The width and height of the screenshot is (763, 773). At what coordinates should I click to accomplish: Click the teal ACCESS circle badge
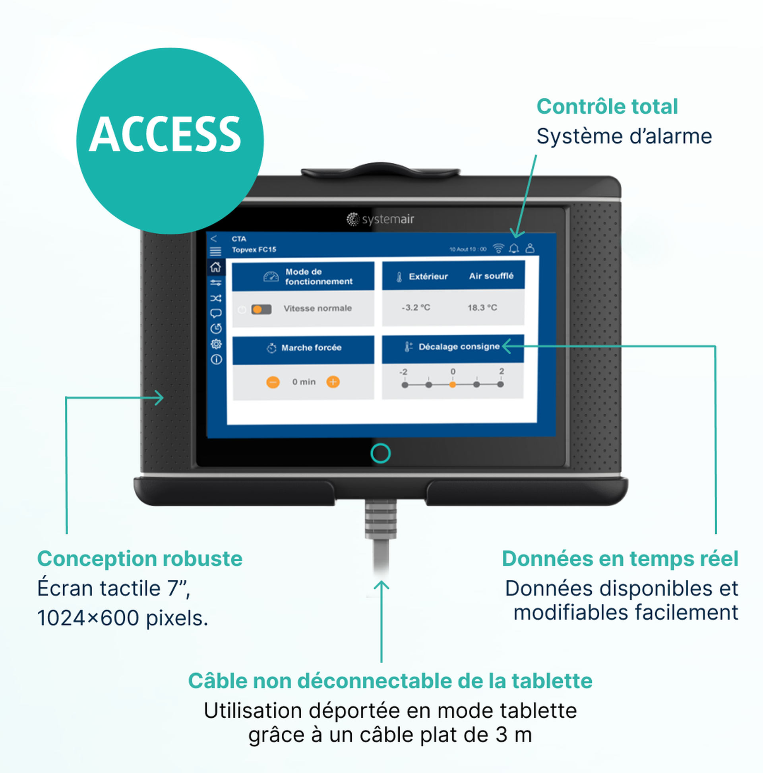(x=170, y=141)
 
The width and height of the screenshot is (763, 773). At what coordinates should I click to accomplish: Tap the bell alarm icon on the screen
(x=514, y=248)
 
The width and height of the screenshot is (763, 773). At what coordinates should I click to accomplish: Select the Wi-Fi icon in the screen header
(x=498, y=248)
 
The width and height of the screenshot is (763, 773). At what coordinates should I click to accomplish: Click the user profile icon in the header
(x=530, y=248)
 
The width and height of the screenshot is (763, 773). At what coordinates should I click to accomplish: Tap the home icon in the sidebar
(x=216, y=267)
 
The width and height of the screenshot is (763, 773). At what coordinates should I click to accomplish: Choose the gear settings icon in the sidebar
(x=216, y=344)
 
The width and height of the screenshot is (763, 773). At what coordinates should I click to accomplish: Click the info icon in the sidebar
(x=216, y=359)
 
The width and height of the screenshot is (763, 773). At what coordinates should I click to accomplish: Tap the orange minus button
(x=273, y=382)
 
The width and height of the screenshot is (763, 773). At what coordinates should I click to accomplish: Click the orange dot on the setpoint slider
(x=453, y=384)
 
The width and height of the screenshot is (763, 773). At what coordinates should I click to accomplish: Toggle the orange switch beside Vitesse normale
(x=261, y=309)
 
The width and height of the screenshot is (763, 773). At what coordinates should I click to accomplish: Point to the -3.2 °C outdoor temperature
(x=416, y=307)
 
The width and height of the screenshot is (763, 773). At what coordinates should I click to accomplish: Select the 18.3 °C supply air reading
(x=482, y=307)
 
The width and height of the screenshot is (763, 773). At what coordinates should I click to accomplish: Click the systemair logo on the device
(x=380, y=219)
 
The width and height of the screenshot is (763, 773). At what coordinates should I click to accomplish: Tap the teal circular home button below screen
(x=380, y=453)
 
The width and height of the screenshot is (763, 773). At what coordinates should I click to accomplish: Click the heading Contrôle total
(x=607, y=107)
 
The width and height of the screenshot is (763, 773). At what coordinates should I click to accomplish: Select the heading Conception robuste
(x=139, y=558)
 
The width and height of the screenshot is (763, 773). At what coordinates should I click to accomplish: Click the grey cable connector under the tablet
(x=380, y=519)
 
